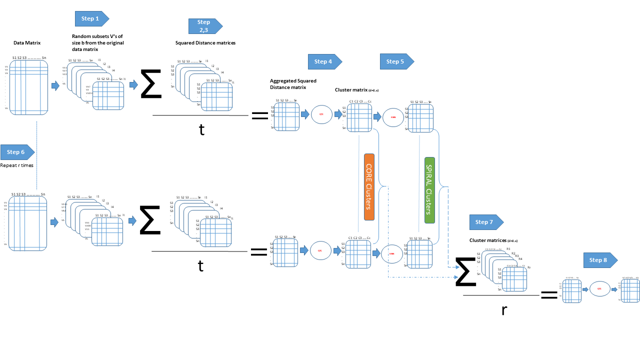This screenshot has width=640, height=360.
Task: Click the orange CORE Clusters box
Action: click(369, 186)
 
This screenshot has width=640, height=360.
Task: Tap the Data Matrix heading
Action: click(27, 43)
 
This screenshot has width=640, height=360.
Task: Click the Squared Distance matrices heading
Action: click(205, 43)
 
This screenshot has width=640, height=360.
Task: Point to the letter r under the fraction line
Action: click(504, 310)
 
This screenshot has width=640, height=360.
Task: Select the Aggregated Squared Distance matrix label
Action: click(293, 83)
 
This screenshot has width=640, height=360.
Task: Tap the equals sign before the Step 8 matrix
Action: click(549, 295)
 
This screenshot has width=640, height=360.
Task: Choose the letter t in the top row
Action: click(201, 129)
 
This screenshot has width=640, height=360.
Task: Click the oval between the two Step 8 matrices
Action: click(599, 288)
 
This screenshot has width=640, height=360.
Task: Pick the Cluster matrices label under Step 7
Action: click(493, 240)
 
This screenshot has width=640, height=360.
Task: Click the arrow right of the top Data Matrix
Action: click(55, 86)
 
